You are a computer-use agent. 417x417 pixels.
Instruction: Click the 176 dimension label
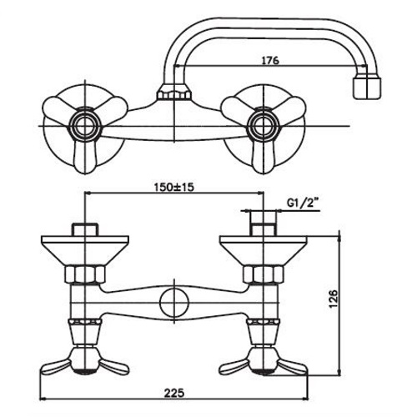coord(270,60)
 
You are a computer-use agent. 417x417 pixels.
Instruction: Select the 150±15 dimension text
coord(173,187)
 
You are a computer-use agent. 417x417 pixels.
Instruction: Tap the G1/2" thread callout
coord(302,203)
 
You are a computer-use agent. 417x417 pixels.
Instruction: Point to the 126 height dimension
coord(333,299)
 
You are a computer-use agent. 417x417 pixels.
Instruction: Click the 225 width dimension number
coord(174,393)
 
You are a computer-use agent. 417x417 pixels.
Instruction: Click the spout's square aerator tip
coord(367,88)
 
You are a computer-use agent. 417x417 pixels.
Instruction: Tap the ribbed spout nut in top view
coord(174,94)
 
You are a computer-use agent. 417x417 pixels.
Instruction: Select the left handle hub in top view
coord(84,126)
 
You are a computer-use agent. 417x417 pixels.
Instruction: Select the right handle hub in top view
coord(263,126)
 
